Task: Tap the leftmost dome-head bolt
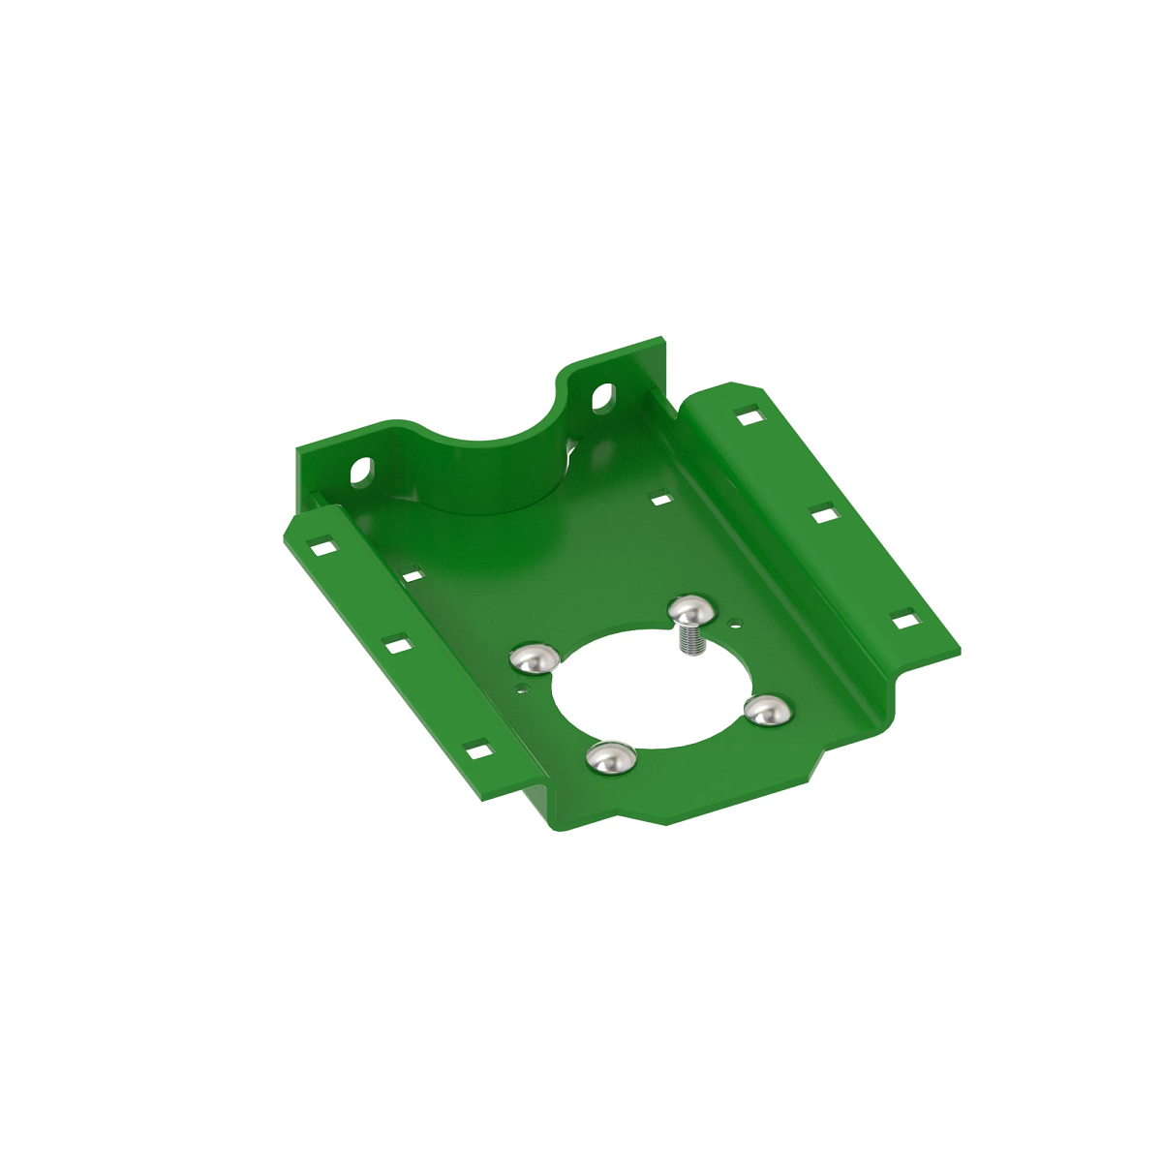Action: point(535,658)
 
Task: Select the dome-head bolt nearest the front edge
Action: point(611,757)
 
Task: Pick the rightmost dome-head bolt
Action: point(769,710)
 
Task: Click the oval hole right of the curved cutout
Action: point(601,395)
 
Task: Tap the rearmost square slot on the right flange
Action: point(749,417)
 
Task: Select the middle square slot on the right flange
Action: point(824,515)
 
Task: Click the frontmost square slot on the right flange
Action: point(904,620)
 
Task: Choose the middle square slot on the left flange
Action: point(395,645)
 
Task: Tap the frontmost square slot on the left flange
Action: point(476,750)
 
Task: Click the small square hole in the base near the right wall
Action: point(661,500)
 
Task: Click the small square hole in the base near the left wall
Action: point(413,576)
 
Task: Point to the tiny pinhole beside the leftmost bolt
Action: point(523,689)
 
